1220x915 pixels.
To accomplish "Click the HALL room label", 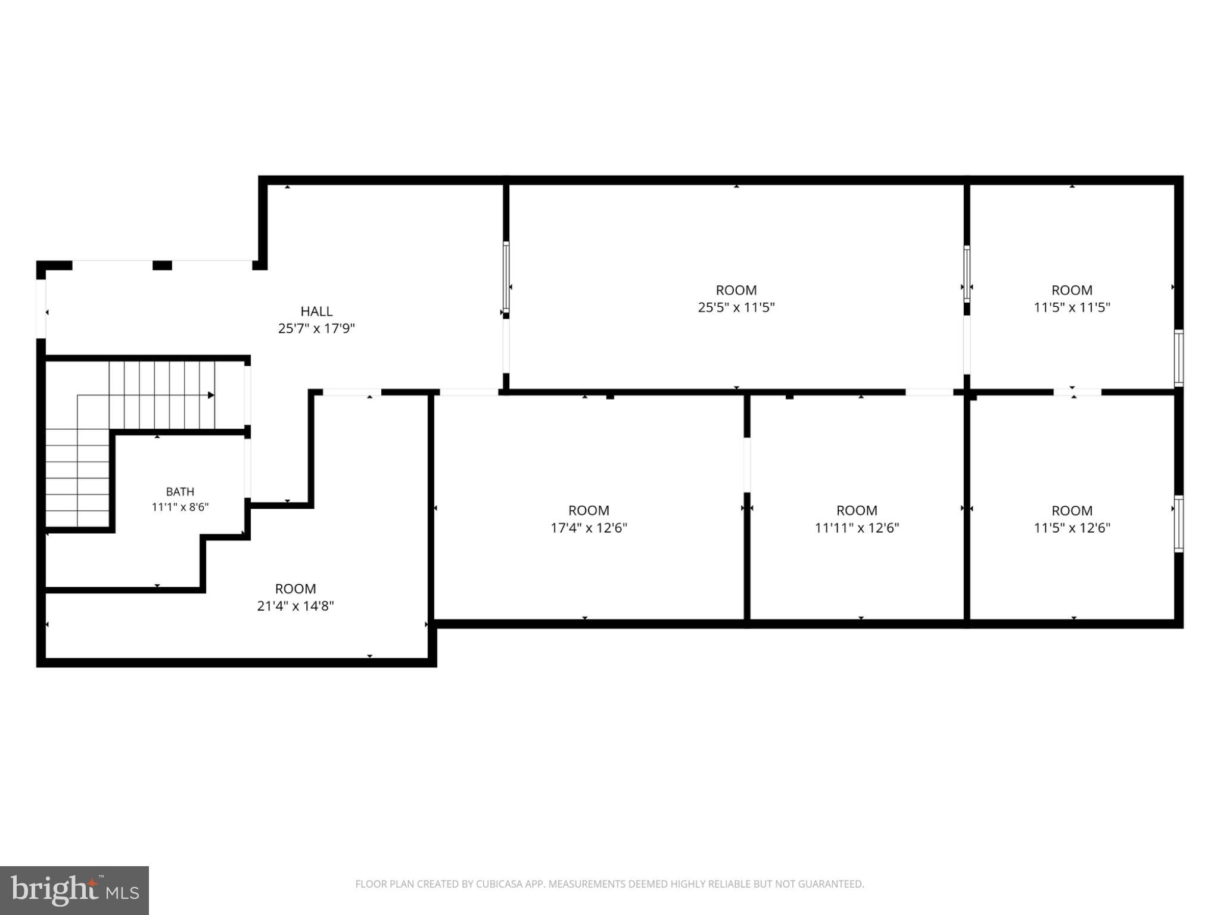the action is click(x=316, y=311).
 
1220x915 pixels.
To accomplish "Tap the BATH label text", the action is click(x=180, y=491).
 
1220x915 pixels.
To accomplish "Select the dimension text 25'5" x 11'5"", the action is click(x=736, y=307).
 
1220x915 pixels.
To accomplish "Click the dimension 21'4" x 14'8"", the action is click(x=295, y=606).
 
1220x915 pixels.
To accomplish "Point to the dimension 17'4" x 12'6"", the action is click(x=589, y=528).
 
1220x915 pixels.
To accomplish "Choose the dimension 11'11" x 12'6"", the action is click(x=857, y=528).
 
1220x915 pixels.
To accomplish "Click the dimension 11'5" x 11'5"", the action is click(x=1072, y=307).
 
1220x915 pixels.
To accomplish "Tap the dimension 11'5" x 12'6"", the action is click(x=1072, y=528).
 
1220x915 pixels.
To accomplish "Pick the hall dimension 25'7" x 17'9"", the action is click(x=316, y=328).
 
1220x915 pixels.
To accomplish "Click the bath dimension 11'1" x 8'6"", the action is click(x=180, y=508).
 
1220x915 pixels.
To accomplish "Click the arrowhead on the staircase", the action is click(x=211, y=395).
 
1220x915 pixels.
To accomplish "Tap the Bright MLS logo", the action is click(x=74, y=890).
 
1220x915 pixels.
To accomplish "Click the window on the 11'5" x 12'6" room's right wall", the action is click(x=1179, y=524).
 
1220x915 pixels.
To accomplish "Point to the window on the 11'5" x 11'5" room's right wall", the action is click(x=1179, y=358).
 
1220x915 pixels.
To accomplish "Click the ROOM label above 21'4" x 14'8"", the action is click(x=295, y=589).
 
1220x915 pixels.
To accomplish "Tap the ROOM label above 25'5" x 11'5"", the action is click(x=736, y=290).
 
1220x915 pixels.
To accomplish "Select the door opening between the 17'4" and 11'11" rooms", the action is click(x=747, y=465).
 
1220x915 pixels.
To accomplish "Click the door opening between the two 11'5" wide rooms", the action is click(x=1077, y=392).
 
